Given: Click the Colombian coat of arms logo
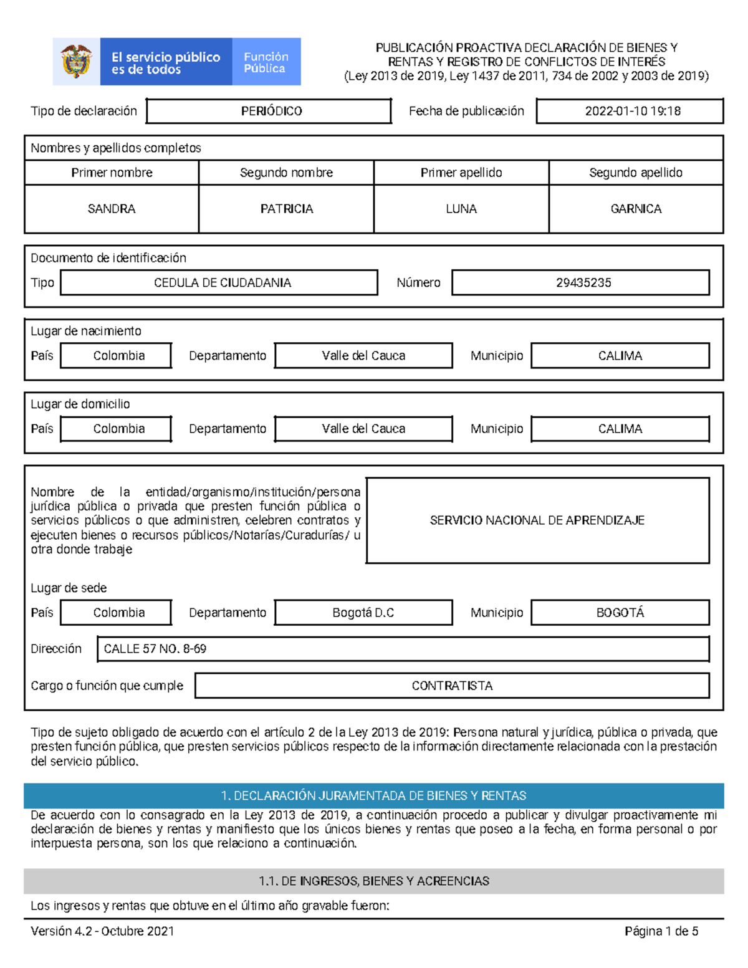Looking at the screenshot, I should click(x=76, y=62).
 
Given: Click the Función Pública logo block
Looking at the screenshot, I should click(x=266, y=62).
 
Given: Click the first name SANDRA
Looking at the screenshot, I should click(x=112, y=209).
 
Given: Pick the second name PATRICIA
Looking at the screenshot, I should click(x=287, y=209).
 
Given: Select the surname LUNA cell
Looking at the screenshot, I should click(x=461, y=209).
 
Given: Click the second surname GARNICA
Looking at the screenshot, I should click(x=636, y=209).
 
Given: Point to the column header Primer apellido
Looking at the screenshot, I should click(x=461, y=173).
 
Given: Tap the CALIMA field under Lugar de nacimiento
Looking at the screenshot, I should click(x=620, y=355).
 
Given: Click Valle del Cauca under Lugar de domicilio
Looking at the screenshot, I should click(x=363, y=429).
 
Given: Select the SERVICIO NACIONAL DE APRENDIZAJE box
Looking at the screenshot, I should click(x=537, y=520).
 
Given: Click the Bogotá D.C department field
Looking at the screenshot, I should click(x=363, y=613).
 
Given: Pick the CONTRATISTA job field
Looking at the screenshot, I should click(x=452, y=686).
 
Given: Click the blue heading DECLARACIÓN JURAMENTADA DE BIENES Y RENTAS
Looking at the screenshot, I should click(x=374, y=796).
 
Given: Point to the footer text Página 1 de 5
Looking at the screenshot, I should click(x=661, y=931).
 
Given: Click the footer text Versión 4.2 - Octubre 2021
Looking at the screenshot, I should click(x=102, y=931).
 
